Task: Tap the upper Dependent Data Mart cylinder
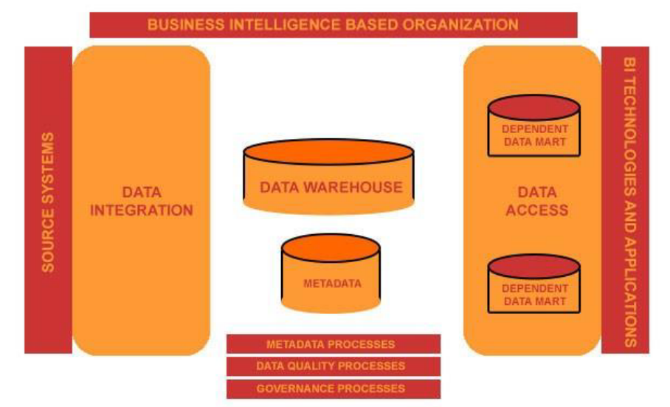tap(533, 127)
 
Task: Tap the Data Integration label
tap(141, 201)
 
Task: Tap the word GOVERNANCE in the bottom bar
tap(295, 389)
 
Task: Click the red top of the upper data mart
tap(533, 107)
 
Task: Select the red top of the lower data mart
tap(533, 267)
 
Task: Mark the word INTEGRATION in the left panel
tap(141, 211)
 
